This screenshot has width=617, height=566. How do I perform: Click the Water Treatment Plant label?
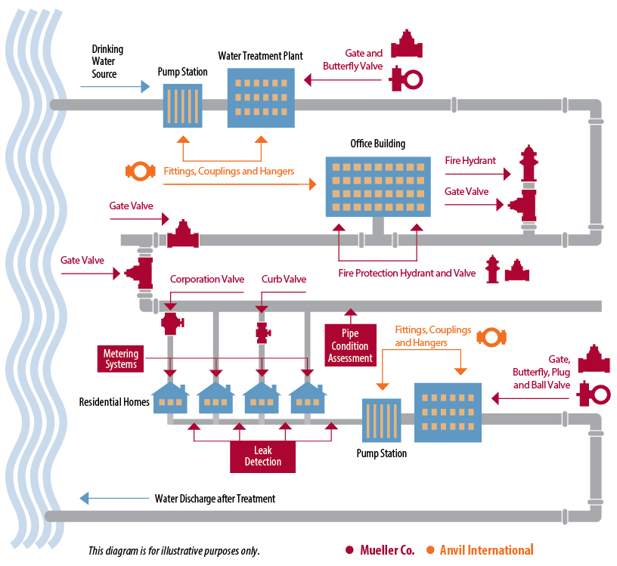pyautogui.click(x=260, y=56)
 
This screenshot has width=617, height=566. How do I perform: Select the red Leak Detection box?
pyautogui.click(x=262, y=456)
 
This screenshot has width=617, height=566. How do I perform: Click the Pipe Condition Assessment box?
pyautogui.click(x=350, y=345)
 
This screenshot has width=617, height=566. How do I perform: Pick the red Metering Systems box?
pyautogui.click(x=121, y=359)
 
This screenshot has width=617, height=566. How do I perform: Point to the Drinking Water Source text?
pyautogui.click(x=107, y=62)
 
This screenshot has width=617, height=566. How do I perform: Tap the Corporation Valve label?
pyautogui.click(x=207, y=280)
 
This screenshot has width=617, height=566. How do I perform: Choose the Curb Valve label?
pyautogui.click(x=284, y=280)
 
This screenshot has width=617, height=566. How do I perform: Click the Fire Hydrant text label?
pyautogui.click(x=470, y=161)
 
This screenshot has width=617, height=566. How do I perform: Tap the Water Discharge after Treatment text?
pyautogui.click(x=215, y=499)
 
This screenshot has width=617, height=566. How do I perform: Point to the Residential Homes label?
pyautogui.click(x=113, y=402)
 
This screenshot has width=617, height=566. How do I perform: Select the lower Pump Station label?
pyautogui.click(x=381, y=453)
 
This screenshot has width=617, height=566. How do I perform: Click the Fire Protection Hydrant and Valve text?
pyautogui.click(x=407, y=273)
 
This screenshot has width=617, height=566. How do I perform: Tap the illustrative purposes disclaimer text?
pyautogui.click(x=174, y=551)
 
